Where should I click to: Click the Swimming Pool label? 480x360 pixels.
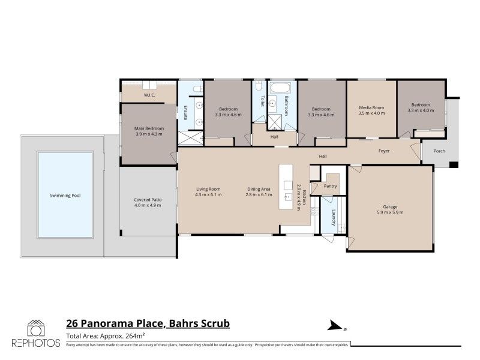(65, 196)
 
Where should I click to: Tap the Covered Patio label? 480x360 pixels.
(148, 200)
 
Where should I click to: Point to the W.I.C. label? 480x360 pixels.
(149, 95)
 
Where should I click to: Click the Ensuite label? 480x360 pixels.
(186, 113)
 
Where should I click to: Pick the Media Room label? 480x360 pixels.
(371, 108)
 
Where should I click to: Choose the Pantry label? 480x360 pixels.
(330, 186)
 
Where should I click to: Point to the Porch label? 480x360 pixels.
(440, 151)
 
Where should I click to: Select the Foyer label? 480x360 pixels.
(384, 151)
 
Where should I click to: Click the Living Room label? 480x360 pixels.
(208, 190)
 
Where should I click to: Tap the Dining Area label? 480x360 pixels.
(259, 190)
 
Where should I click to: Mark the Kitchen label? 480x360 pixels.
(305, 197)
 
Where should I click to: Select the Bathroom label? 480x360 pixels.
(287, 106)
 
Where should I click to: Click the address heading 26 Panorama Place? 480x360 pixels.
(115, 324)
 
